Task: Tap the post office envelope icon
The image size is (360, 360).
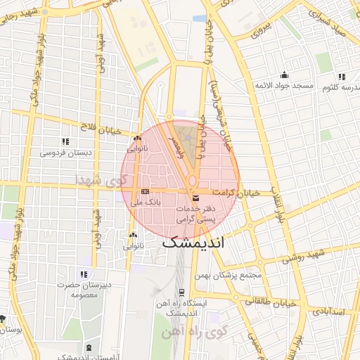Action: click(x=195, y=199)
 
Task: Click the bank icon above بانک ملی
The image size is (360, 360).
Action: click(x=145, y=191)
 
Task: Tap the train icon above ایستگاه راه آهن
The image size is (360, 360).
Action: click(x=181, y=292)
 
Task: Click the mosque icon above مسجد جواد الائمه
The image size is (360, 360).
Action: click(x=284, y=75)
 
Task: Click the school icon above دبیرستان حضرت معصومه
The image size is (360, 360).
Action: click(x=84, y=274)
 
